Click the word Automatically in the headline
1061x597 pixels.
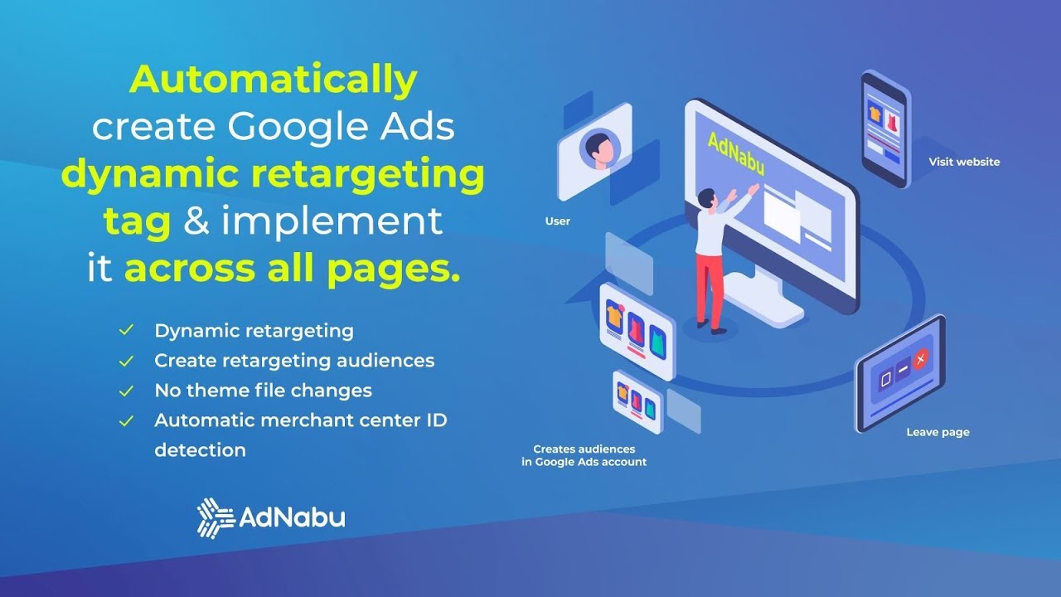(274, 80)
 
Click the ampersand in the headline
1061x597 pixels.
(196, 222)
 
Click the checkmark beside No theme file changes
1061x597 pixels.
(126, 391)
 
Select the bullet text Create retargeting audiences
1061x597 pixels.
(294, 361)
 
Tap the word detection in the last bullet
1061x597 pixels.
(200, 450)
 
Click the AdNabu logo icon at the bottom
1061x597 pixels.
(215, 517)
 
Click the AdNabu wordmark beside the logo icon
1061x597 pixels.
(292, 518)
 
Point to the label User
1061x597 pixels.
(557, 221)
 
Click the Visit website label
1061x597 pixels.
(964, 163)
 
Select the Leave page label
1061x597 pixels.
(937, 432)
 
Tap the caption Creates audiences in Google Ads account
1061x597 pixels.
(584, 455)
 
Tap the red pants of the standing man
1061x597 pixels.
(709, 290)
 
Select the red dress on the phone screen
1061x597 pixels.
(892, 122)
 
